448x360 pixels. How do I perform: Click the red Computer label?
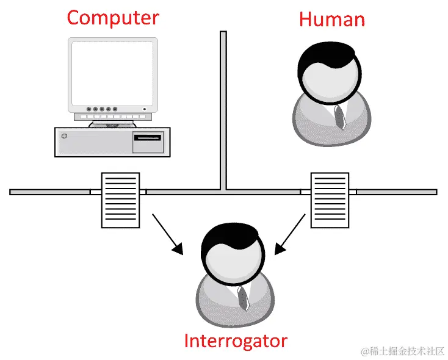[x=113, y=17]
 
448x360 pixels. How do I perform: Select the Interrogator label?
[x=235, y=340]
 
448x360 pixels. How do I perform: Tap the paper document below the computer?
[x=119, y=200]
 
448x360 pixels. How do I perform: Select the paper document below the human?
[x=330, y=199]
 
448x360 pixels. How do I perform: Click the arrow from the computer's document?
[x=167, y=233]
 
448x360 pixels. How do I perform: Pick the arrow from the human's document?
[x=291, y=233]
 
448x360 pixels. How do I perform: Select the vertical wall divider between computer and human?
[x=223, y=110]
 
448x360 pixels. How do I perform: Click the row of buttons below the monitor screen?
[x=101, y=109]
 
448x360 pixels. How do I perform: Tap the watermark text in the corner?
[x=402, y=351]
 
